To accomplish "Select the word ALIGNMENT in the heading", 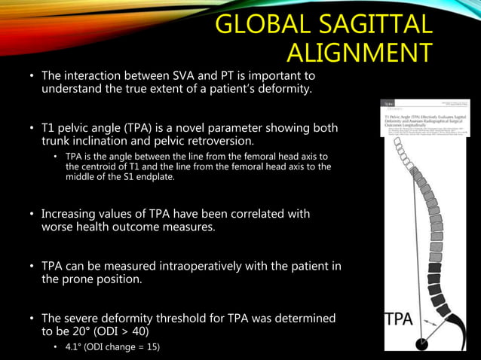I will (x=360, y=53).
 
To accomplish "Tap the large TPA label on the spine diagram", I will (x=400, y=318).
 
